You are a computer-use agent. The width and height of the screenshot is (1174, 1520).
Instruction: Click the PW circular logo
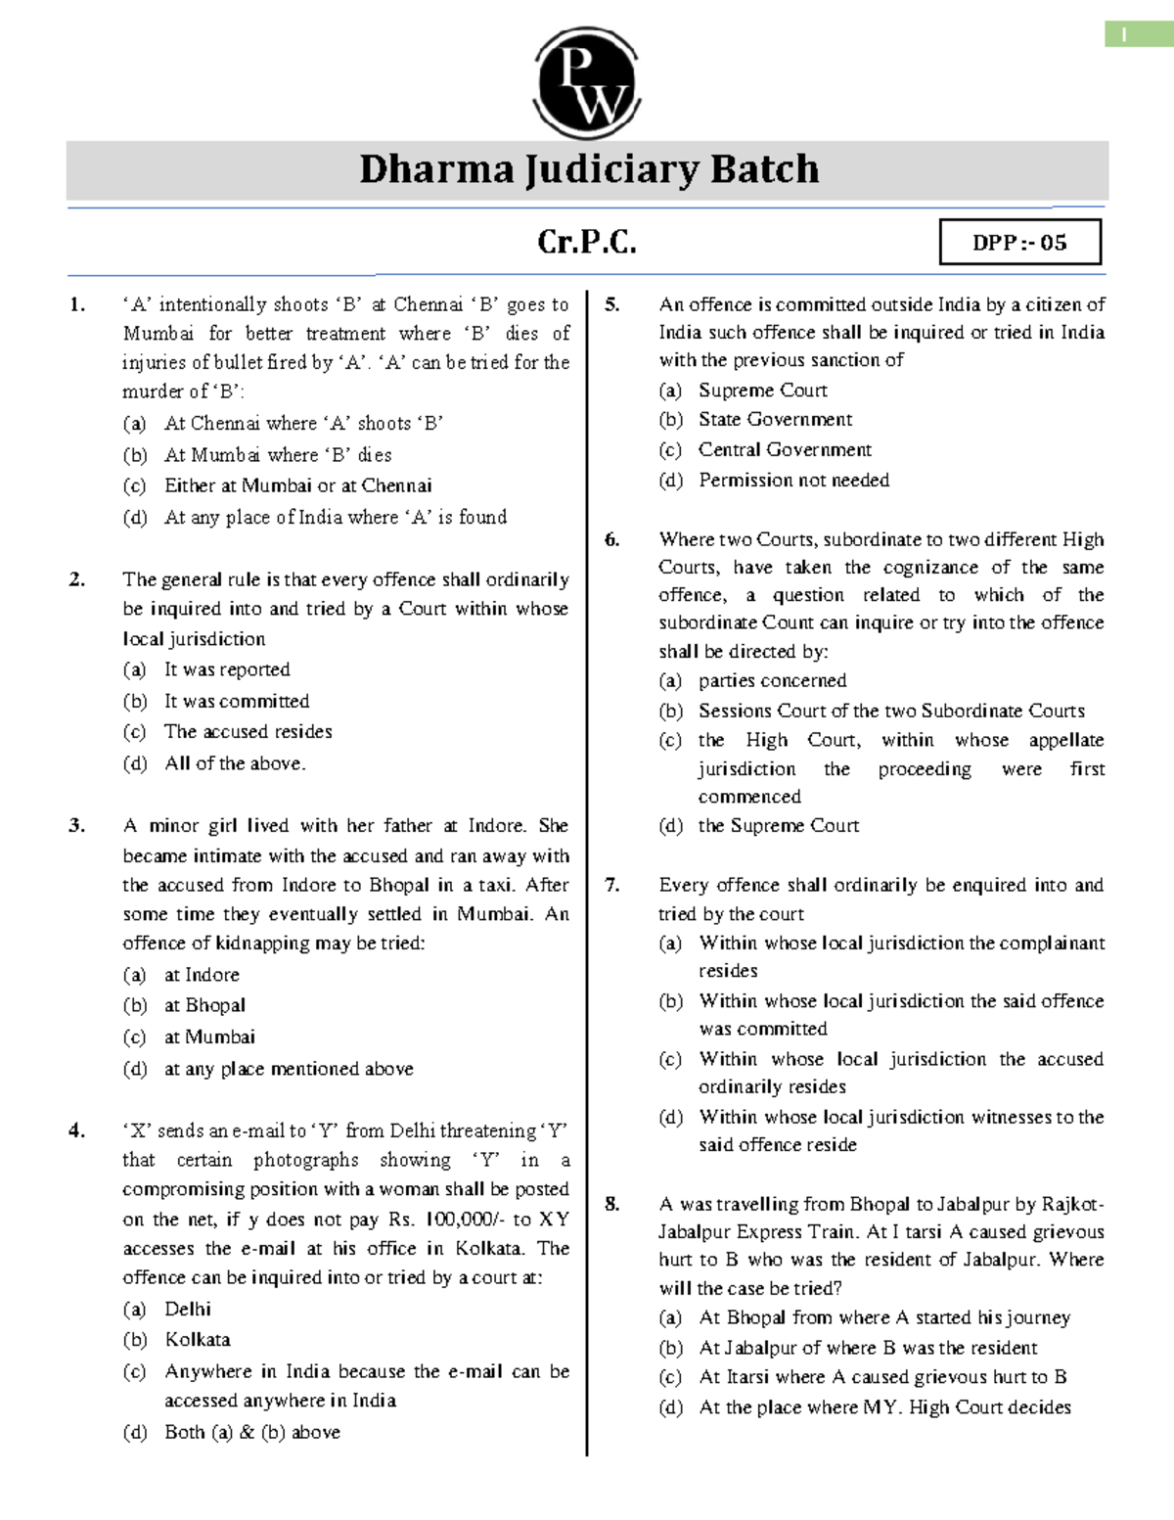point(588,84)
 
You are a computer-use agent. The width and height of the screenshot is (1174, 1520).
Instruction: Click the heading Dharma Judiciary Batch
point(588,169)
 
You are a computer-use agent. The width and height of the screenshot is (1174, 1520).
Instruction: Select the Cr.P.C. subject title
point(587,242)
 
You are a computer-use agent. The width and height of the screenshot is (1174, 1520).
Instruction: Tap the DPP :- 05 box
point(1019,243)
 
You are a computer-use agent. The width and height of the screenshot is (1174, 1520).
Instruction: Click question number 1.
point(77,304)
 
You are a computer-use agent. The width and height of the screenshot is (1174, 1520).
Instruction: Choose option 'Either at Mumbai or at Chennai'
point(297,485)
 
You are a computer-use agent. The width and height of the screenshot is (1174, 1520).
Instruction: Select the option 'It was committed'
point(237,701)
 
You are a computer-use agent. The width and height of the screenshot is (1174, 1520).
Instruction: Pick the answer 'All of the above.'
point(235,763)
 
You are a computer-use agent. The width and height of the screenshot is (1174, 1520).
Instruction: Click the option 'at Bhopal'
point(204,1005)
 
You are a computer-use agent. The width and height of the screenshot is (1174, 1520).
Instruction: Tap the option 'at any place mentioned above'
point(289,1069)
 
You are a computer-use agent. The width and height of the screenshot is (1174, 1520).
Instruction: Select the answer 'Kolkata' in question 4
point(198,1339)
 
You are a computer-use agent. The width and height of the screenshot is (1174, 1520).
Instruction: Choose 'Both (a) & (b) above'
point(252,1432)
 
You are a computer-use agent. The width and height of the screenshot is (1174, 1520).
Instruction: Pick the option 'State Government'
point(775,419)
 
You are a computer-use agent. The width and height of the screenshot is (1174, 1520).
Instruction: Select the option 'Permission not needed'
point(793,480)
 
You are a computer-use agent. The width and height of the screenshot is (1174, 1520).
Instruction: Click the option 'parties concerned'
point(772,680)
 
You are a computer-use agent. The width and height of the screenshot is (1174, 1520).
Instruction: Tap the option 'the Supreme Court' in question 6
point(778,825)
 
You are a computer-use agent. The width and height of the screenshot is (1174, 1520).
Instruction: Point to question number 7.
point(612,885)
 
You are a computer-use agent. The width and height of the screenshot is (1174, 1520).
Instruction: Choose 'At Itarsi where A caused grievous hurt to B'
point(882,1377)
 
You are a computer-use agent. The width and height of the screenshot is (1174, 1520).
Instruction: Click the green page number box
point(1125,34)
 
